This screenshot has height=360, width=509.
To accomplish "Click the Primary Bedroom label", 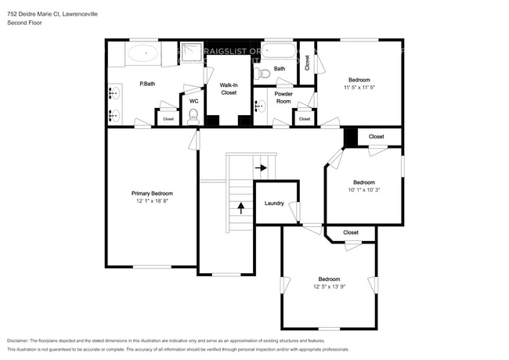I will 151,193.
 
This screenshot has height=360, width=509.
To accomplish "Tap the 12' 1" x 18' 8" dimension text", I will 151,200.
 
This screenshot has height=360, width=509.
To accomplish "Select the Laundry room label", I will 273,203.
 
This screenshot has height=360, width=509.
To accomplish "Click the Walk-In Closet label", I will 229,88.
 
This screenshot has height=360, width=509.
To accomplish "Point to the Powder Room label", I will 283,98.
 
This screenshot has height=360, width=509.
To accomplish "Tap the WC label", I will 193,100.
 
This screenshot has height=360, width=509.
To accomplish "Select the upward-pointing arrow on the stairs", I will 240,207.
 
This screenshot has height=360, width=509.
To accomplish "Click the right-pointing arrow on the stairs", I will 260,167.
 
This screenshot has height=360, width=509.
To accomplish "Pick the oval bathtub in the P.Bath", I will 142,54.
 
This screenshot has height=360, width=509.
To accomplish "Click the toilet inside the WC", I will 193,117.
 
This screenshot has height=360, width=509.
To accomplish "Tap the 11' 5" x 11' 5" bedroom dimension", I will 359,87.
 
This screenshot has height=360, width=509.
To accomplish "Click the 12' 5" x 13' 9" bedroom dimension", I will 329,286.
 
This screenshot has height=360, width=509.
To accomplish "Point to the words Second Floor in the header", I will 23,23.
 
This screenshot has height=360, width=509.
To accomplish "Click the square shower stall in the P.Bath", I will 191,53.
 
